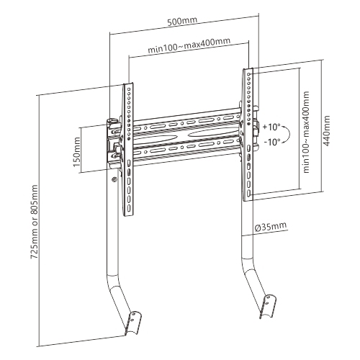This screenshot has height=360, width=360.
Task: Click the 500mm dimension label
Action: pyautogui.click(x=182, y=22)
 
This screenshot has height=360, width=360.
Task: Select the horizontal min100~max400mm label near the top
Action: pyautogui.click(x=189, y=45)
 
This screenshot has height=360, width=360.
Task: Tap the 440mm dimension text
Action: pyautogui.click(x=326, y=131)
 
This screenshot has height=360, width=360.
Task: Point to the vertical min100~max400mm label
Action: pyautogui.click(x=307, y=132)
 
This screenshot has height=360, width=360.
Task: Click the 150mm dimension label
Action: pyautogui.click(x=77, y=152)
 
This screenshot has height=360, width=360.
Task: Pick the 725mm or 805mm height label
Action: pyautogui.click(x=35, y=221)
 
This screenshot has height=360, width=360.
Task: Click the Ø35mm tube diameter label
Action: pyautogui.click(x=270, y=227)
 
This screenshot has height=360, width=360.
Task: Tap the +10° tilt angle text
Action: pyautogui.click(x=271, y=127)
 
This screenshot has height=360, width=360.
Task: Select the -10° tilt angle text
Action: pyautogui.click(x=272, y=142)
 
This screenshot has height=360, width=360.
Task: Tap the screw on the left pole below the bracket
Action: pyautogui.click(x=114, y=179)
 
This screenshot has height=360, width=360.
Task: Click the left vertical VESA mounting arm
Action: pyautogui.click(x=128, y=150)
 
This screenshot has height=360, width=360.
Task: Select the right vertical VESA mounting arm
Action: pyautogui.click(x=248, y=135)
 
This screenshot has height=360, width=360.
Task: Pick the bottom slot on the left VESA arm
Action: pyautogui.click(x=129, y=207)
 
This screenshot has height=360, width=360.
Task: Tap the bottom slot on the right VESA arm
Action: pyautogui.click(x=249, y=193)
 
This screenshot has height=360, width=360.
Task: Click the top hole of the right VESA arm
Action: pyautogui.click(x=249, y=74)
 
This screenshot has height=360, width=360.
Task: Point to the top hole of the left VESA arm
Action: pyautogui.click(x=129, y=89)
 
